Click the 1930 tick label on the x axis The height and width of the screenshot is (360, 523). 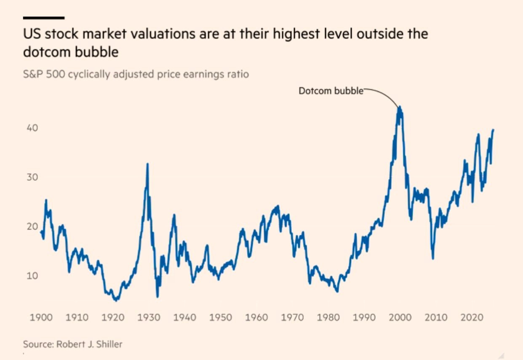click(x=148, y=317)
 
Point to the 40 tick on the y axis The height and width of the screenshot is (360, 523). click(x=33, y=128)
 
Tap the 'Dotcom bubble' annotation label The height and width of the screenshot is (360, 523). click(x=331, y=91)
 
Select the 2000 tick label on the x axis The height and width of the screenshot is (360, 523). click(x=399, y=317)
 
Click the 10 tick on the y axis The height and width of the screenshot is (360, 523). click(x=33, y=276)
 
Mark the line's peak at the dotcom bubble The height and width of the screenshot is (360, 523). click(x=399, y=107)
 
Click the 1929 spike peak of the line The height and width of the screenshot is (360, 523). click(x=147, y=164)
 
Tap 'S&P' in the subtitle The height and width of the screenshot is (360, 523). click(x=32, y=75)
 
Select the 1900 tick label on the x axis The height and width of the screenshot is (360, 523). click(x=41, y=317)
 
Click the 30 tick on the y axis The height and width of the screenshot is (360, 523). click(x=33, y=177)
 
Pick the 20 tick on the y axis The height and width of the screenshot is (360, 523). click(x=33, y=227)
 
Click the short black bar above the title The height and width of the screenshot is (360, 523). click(x=43, y=18)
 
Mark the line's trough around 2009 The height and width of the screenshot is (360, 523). click(x=432, y=258)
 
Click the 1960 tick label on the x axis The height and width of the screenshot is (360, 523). click(x=256, y=317)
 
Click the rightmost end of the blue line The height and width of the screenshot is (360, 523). click(x=493, y=130)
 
